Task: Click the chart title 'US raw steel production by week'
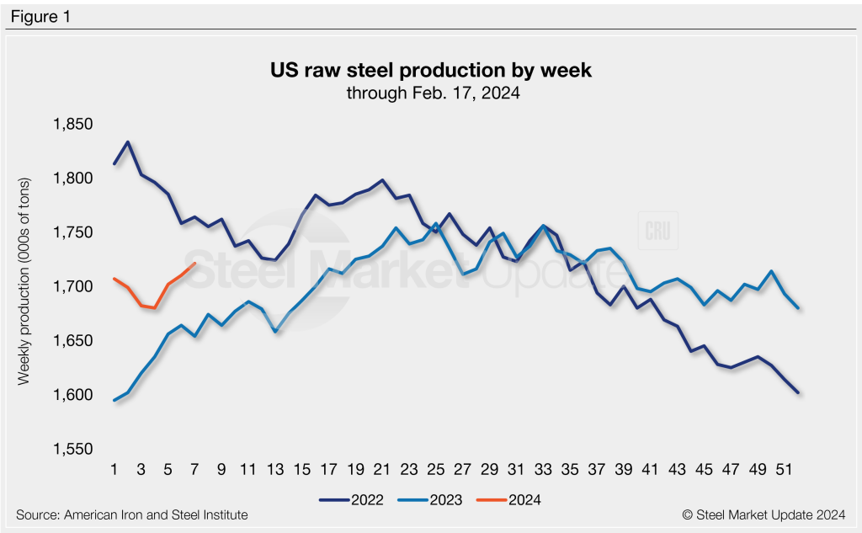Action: pos(430,71)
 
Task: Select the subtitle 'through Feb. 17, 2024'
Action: pos(430,93)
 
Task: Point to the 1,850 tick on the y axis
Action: pos(73,125)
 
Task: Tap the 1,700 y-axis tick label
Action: pos(73,287)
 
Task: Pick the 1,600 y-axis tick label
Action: pos(73,395)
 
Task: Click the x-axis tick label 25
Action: pos(434,468)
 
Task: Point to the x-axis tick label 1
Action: pos(114,468)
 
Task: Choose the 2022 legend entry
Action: pos(352,499)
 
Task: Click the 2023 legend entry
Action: pos(431,499)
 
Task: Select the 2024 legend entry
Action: pos(509,499)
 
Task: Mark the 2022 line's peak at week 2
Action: pos(127,142)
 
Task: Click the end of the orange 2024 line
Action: pos(195,264)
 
